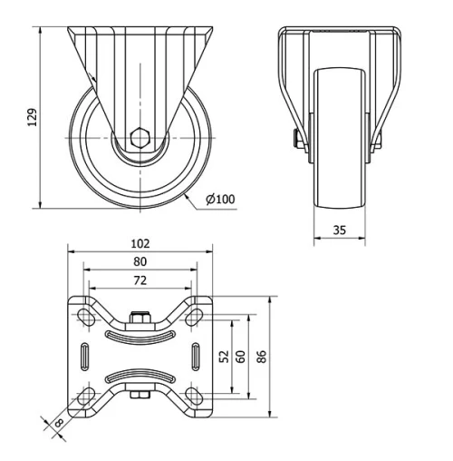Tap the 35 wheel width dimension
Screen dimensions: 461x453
[x=339, y=230]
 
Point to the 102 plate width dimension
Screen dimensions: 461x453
[x=140, y=244]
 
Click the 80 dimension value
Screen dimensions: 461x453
[x=140, y=261]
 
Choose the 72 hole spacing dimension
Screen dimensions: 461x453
[x=140, y=280]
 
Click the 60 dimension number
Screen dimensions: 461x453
[x=241, y=357]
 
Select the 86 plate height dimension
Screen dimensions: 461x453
[x=262, y=357]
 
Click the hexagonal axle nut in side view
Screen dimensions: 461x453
[x=140, y=140]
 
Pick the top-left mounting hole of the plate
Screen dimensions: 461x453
[x=87, y=317]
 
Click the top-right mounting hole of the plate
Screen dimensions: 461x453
[x=194, y=317]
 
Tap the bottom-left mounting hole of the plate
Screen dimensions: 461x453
[x=87, y=396]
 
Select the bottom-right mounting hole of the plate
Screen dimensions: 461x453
[x=194, y=396]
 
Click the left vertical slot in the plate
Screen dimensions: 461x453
[x=86, y=356]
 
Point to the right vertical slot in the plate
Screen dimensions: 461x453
[x=195, y=356]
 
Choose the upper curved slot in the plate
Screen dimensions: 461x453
[x=140, y=337]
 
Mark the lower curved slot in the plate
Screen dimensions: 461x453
[x=140, y=375]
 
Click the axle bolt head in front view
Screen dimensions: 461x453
[x=295, y=140]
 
